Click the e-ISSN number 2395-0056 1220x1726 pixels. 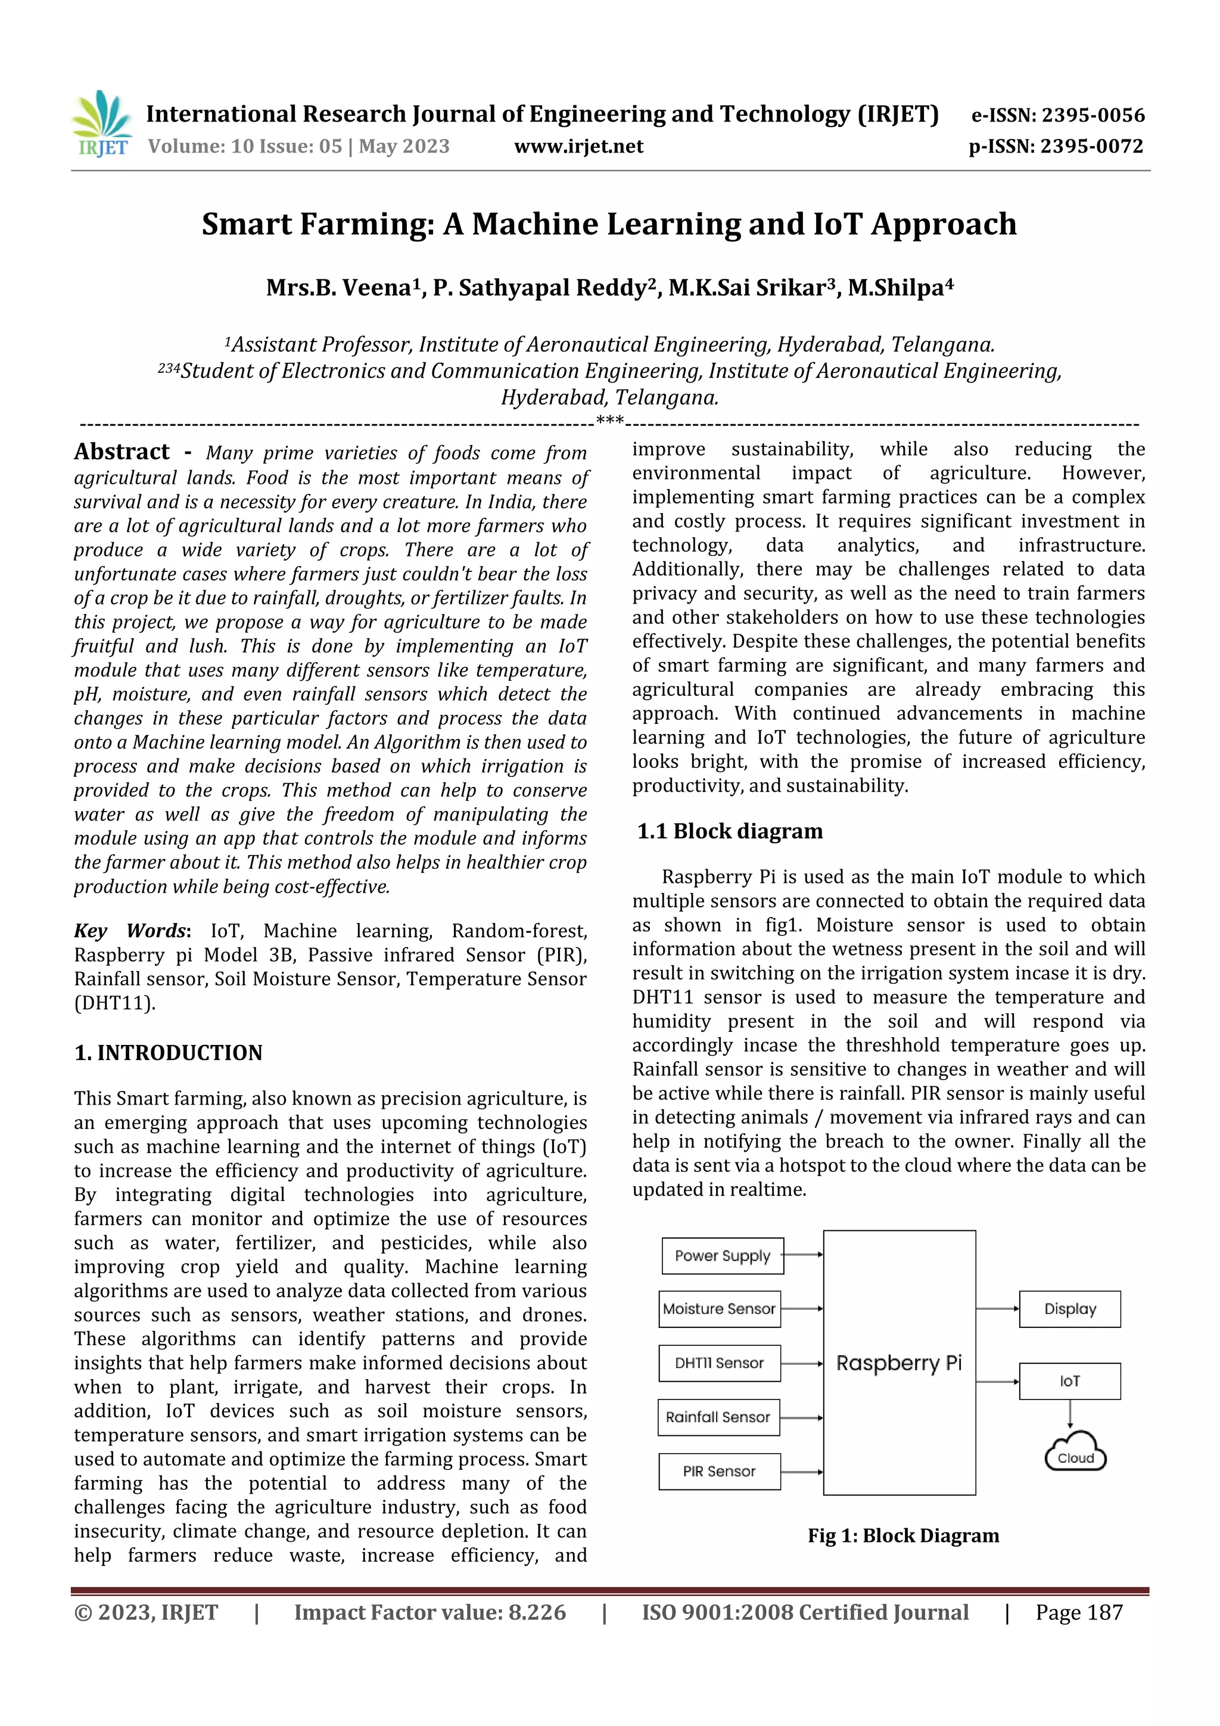pos(1092,115)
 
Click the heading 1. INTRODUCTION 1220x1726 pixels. pos(169,1052)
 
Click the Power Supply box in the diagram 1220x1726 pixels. pos(723,1255)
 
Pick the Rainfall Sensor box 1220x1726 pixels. pos(718,1417)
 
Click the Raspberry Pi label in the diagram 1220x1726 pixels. pos(899,1363)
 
